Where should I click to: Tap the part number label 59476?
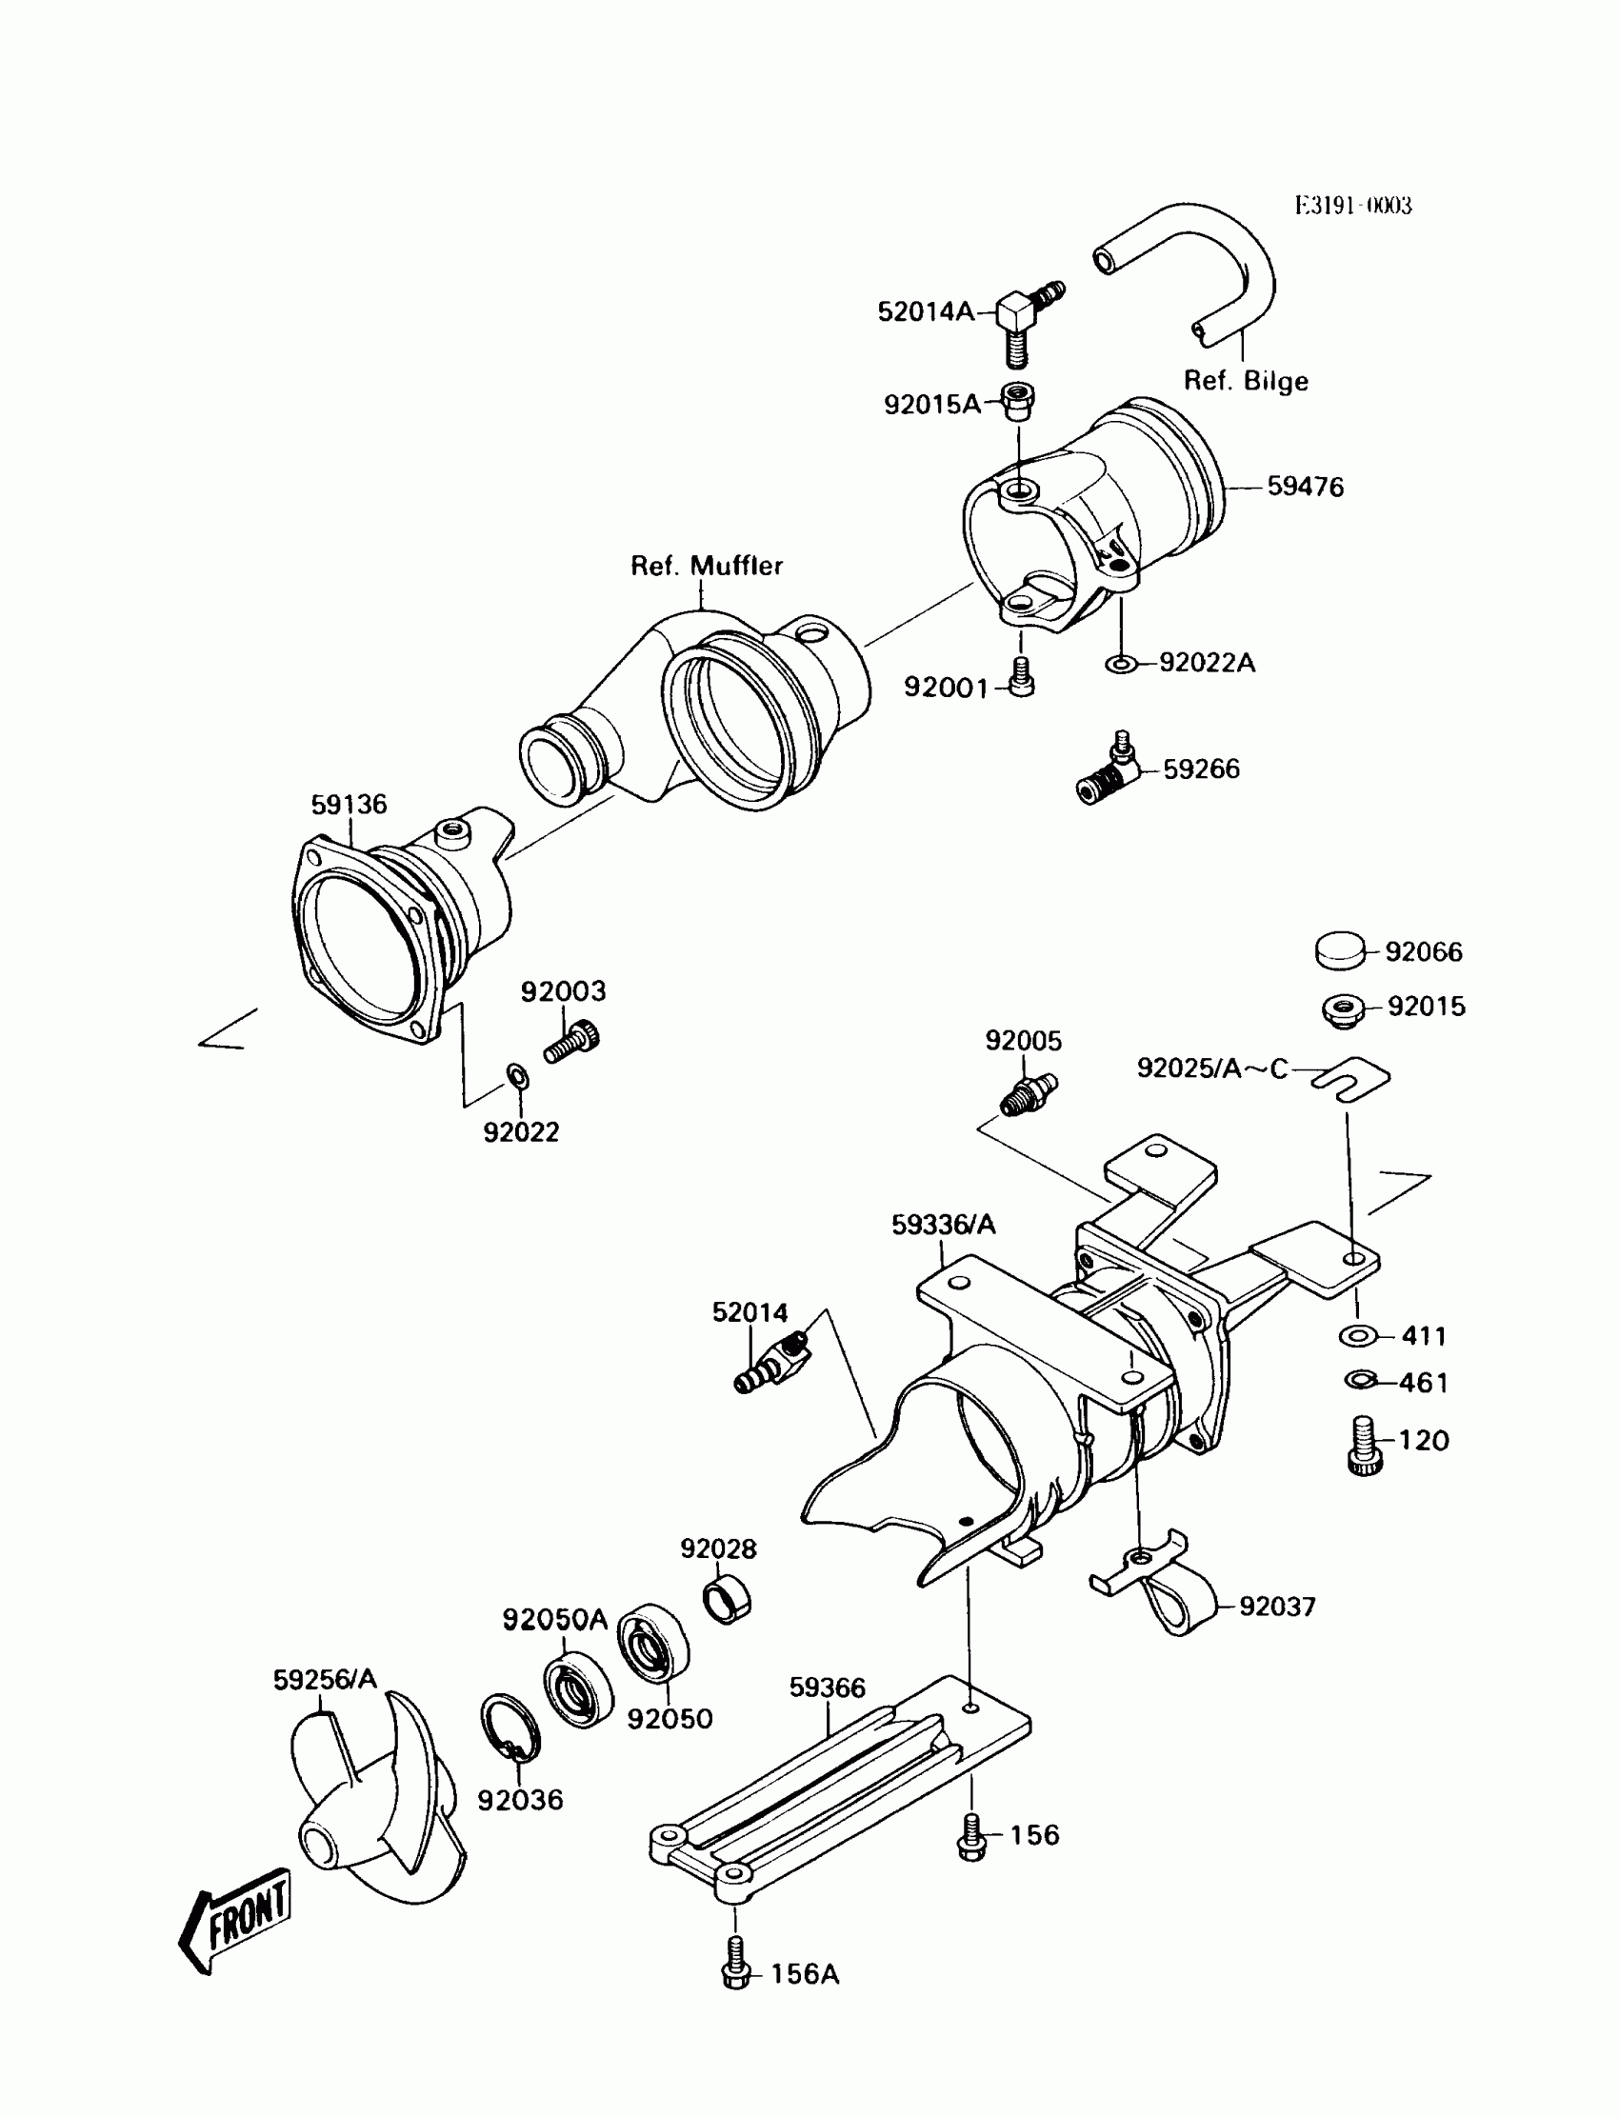point(1305,487)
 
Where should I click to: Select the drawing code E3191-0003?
point(1353,206)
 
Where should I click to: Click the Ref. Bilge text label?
point(1245,381)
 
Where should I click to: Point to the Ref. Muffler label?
point(707,566)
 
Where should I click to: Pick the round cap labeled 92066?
point(1341,950)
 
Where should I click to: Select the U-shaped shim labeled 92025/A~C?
point(1350,1076)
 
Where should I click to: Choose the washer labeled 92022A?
point(1121,665)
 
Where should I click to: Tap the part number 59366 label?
point(827,1688)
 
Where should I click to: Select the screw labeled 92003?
point(572,1042)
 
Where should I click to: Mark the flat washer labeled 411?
point(1358,1336)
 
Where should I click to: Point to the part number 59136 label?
point(348,805)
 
